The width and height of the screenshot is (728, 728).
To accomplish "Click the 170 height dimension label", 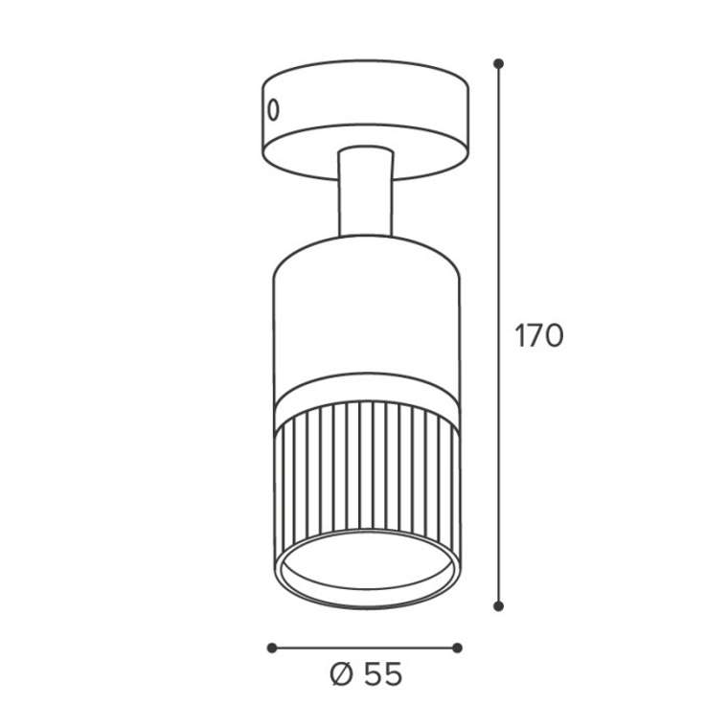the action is pyautogui.click(x=539, y=335).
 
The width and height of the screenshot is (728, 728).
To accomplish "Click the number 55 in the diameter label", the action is pyautogui.click(x=382, y=674).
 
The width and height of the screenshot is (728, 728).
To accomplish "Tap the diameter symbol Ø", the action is pyautogui.click(x=342, y=674).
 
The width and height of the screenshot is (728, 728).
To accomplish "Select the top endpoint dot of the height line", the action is pyautogui.click(x=499, y=63).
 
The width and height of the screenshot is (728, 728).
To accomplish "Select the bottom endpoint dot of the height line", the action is pyautogui.click(x=499, y=606).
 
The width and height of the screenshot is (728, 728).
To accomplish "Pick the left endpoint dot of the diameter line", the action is pyautogui.click(x=272, y=648).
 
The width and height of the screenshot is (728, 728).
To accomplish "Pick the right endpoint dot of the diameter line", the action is pyautogui.click(x=457, y=648).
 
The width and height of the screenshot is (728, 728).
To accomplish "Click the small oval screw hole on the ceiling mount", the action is pyautogui.click(x=274, y=110).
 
